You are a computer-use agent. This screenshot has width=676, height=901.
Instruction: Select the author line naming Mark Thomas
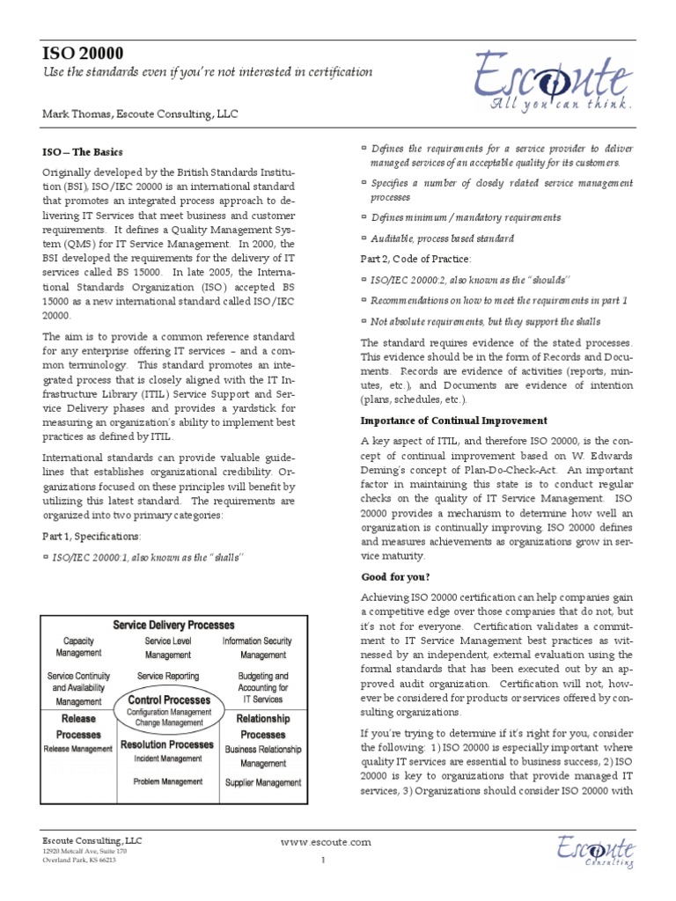point(140,114)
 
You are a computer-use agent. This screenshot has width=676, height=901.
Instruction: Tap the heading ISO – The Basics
point(84,151)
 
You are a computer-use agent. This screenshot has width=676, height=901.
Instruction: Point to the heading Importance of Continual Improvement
point(453,421)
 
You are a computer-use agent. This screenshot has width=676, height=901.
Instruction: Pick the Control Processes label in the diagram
point(169,700)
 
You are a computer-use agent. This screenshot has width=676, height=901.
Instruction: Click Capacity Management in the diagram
point(78,648)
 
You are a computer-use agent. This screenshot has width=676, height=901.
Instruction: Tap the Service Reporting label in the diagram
point(167,676)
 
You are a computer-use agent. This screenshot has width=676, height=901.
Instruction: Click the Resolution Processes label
point(166,744)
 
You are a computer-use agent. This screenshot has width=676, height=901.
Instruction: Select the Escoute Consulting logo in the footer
point(593,852)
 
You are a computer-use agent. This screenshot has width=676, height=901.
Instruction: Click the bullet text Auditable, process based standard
point(442,238)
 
